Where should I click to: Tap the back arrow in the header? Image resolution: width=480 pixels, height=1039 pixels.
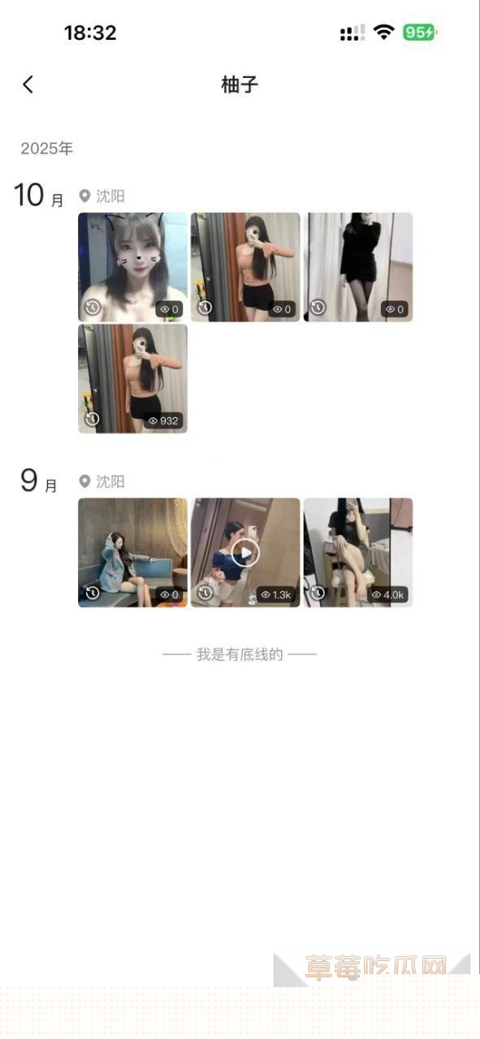click(x=28, y=84)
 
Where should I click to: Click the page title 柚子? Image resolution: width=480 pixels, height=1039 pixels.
click(x=240, y=84)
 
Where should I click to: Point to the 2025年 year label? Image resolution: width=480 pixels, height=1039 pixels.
click(x=47, y=149)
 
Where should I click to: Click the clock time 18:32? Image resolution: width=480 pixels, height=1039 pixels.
click(x=90, y=32)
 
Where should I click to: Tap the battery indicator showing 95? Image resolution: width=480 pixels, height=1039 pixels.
click(x=420, y=32)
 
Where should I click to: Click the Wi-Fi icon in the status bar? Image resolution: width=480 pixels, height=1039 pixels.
click(x=384, y=32)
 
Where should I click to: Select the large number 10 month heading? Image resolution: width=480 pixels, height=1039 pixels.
click(x=29, y=196)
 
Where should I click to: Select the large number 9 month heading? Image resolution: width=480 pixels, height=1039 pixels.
click(x=29, y=481)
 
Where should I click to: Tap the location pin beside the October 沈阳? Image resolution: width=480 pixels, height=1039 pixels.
click(x=84, y=196)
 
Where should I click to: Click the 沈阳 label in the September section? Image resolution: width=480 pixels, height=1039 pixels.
click(x=110, y=481)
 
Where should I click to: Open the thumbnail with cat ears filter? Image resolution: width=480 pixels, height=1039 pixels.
click(x=132, y=266)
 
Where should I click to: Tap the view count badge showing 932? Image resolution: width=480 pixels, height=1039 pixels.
click(x=164, y=420)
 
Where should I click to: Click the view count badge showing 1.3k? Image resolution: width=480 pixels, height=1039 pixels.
click(x=276, y=595)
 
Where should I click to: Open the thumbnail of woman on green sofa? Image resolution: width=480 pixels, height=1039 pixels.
click(x=132, y=552)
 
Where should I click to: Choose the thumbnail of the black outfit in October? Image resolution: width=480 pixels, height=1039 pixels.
click(x=358, y=266)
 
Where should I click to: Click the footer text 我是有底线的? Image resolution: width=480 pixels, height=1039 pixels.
click(x=240, y=654)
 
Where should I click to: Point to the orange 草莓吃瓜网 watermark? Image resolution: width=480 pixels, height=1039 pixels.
click(x=376, y=967)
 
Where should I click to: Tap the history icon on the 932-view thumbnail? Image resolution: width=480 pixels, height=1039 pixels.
click(x=93, y=419)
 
